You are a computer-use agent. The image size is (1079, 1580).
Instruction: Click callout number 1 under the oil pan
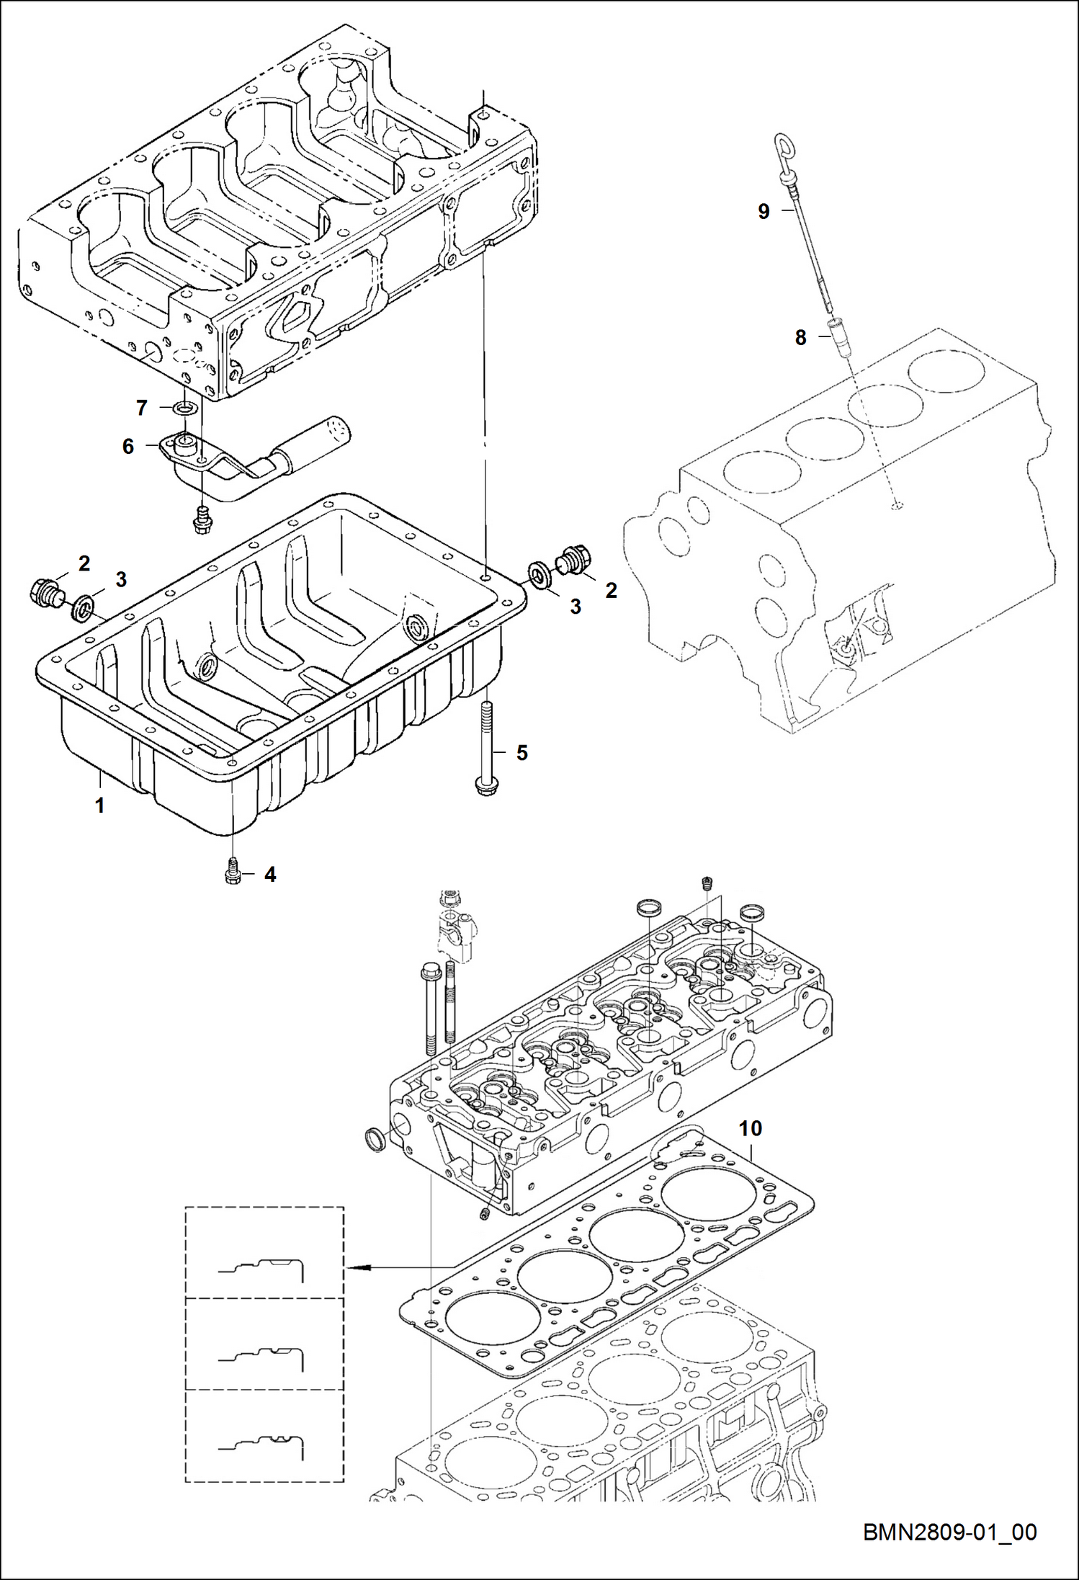click(x=100, y=805)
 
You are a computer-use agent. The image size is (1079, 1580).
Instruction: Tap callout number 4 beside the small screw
click(x=270, y=875)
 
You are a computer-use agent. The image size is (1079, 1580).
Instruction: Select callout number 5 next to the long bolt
click(x=522, y=753)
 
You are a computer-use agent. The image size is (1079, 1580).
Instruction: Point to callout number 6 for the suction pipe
click(x=128, y=447)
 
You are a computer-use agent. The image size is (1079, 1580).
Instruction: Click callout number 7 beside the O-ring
click(x=142, y=409)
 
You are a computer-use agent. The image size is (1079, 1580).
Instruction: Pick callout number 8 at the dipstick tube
click(x=800, y=337)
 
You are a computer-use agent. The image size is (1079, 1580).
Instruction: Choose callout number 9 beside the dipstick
click(x=764, y=211)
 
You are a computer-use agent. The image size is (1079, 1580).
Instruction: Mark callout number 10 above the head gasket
click(x=751, y=1128)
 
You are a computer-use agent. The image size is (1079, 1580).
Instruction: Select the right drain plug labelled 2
click(x=574, y=559)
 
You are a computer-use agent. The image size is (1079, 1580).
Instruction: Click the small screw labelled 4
click(x=232, y=870)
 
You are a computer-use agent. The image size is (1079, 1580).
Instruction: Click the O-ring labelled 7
click(x=186, y=409)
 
